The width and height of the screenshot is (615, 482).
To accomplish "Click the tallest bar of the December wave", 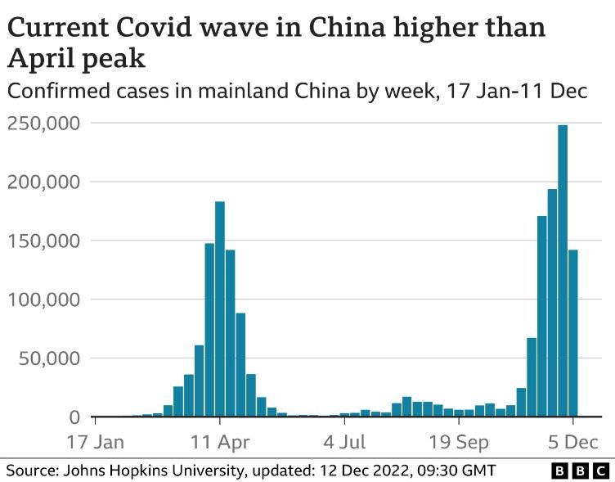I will coord(563,270).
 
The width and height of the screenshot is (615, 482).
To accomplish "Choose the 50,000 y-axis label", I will coord(48,358).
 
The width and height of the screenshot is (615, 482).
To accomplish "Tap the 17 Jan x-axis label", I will coord(96,443).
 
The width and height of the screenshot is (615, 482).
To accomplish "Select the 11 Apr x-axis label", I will coord(220,443).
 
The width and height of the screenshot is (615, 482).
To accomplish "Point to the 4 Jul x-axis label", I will coord(344,443).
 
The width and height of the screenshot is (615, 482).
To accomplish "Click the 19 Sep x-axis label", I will coord(459,443).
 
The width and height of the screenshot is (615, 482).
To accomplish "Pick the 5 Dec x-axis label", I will coord(573,443).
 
